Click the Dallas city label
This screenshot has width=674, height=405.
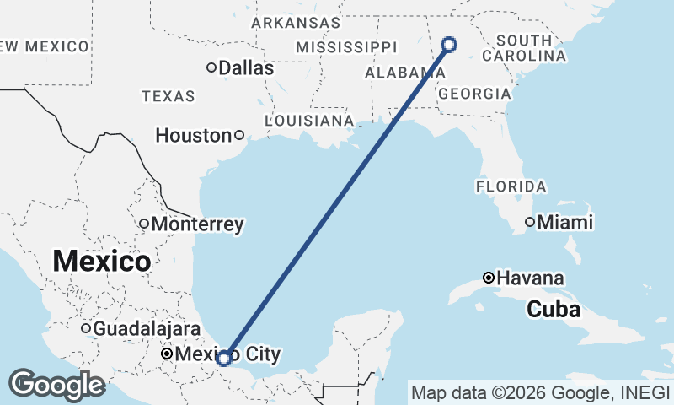tap(246, 68)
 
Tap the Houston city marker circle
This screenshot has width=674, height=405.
tap(239, 135)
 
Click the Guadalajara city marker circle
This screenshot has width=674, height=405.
tap(86, 328)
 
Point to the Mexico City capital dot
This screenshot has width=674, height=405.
tap(168, 354)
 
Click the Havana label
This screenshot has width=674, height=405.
tap(531, 278)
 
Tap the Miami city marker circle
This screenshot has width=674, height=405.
tap(530, 222)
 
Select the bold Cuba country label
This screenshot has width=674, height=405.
tap(554, 310)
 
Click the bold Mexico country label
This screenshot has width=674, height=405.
tap(102, 261)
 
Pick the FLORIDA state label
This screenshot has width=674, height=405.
tap(511, 186)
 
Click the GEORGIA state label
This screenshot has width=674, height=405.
tap(474, 94)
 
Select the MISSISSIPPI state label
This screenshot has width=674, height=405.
tap(346, 46)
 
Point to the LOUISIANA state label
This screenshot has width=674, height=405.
tap(309, 121)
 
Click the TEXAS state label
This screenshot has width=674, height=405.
tap(168, 97)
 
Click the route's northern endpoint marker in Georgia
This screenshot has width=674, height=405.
tap(449, 44)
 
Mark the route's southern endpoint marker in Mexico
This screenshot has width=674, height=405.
tap(224, 358)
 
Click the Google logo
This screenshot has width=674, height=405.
tap(57, 385)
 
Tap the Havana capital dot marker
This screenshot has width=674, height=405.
tap(489, 278)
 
